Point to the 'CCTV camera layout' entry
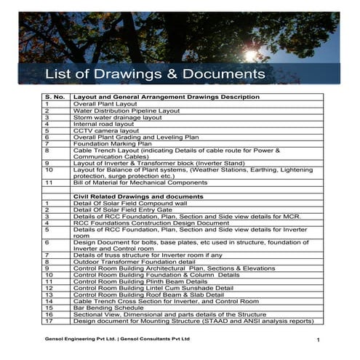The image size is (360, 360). pyautogui.click(x=107, y=130)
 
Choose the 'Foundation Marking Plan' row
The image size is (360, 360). pyautogui.click(x=112, y=143)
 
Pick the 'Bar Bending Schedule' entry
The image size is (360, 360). pyautogui.click(x=108, y=308)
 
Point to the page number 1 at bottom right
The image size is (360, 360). pyautogui.click(x=319, y=340)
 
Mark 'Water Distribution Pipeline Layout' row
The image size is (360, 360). pyautogui.click(x=127, y=111)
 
